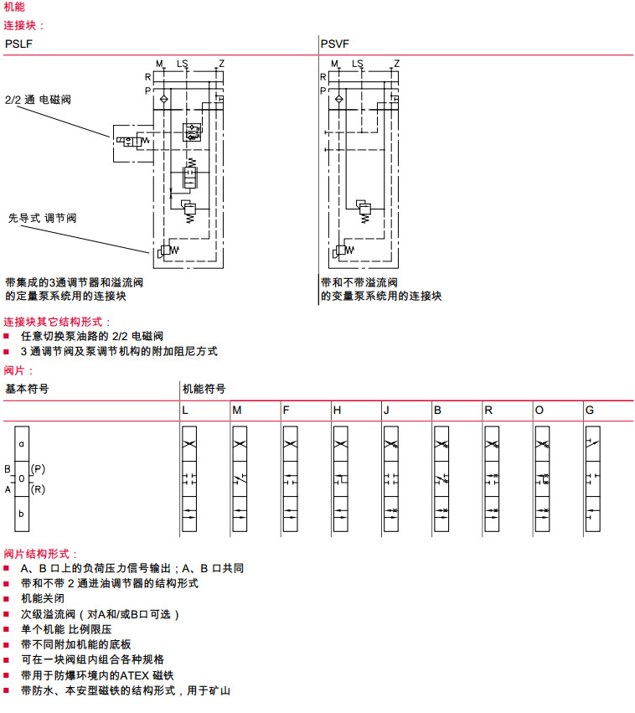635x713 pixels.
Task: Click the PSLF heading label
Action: pyautogui.click(x=19, y=44)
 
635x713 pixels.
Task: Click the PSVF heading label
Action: pyautogui.click(x=335, y=44)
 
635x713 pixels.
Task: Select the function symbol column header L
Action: pyautogui.click(x=185, y=411)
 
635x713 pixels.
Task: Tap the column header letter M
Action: pyautogui.click(x=236, y=411)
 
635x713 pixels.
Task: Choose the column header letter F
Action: pyautogui.click(x=286, y=411)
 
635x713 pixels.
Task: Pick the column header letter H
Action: pyautogui.click(x=337, y=411)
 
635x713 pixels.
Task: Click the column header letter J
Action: pyautogui.click(x=386, y=411)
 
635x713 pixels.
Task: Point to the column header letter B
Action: pyautogui.click(x=437, y=411)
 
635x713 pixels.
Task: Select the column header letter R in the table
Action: pyautogui.click(x=488, y=411)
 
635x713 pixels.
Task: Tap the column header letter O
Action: pyautogui.click(x=539, y=411)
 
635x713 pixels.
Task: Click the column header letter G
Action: pyautogui.click(x=589, y=411)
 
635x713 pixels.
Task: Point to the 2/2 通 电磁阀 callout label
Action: pyautogui.click(x=38, y=100)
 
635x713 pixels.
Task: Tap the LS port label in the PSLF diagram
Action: pyautogui.click(x=183, y=64)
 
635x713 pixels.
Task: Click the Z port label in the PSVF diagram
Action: pyautogui.click(x=396, y=64)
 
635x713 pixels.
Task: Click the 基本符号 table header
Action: pyautogui.click(x=27, y=389)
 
